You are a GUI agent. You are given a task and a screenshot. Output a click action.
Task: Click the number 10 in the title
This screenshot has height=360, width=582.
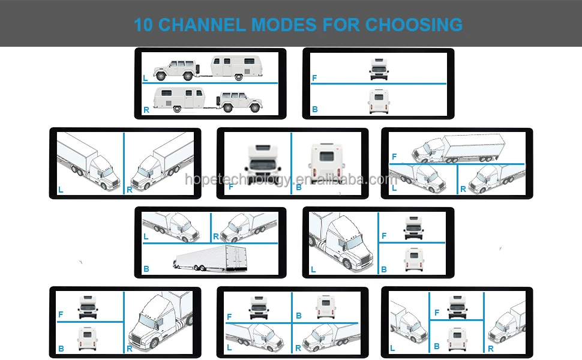(x=144, y=25)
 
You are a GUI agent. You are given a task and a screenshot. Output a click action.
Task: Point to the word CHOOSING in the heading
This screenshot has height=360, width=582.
(x=414, y=25)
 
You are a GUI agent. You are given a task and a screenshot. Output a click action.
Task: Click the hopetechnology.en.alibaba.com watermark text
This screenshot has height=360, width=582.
(x=291, y=179)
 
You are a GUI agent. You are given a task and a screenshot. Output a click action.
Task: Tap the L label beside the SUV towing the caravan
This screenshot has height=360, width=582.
(x=145, y=78)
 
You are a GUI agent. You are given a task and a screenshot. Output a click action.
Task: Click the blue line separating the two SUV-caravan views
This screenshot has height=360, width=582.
(x=210, y=83)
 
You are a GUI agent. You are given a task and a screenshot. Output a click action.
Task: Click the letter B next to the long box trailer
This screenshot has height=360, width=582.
(x=146, y=269)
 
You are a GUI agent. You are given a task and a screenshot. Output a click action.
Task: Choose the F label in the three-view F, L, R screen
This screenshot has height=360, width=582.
(x=394, y=157)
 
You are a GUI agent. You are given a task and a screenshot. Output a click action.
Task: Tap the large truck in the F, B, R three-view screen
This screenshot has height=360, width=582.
(x=159, y=321)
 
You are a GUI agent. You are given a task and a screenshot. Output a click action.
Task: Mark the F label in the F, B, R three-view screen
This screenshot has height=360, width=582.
(x=61, y=314)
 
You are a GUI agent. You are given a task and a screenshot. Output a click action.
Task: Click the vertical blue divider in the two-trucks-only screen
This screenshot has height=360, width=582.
(x=124, y=163)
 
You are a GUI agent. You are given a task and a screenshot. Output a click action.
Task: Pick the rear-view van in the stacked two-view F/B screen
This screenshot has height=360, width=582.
(x=379, y=101)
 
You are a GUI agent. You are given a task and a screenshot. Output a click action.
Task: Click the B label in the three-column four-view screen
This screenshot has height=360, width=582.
(x=437, y=346)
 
